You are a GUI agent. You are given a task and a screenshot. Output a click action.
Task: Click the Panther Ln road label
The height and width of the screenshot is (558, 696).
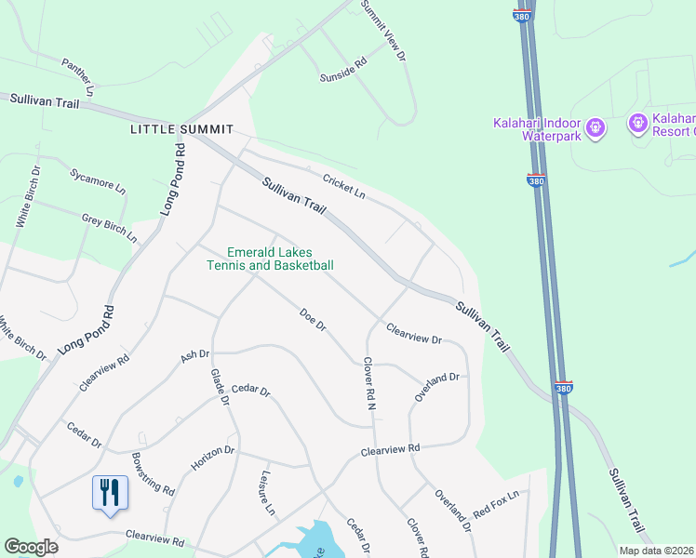point(78,77)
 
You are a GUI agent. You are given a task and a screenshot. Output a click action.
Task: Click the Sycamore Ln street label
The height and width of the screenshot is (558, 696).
point(98,179)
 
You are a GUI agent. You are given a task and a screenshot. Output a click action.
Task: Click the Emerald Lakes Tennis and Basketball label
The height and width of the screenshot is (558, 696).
point(270,259)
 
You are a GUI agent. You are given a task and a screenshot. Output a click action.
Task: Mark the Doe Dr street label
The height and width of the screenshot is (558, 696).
point(313,320)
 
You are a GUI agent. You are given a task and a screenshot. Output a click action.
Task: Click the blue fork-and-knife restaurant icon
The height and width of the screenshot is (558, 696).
point(110,492)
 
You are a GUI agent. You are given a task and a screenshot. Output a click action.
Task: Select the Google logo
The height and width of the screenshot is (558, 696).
point(31,547)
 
